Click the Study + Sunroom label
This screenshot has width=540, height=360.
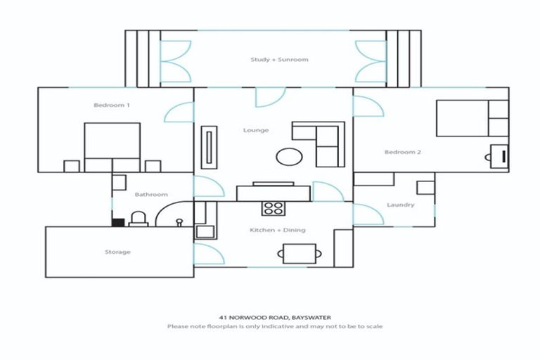point(279,60)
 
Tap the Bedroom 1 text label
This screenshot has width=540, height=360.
point(111,105)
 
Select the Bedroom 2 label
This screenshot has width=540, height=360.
point(401,152)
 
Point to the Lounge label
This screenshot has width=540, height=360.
point(255,130)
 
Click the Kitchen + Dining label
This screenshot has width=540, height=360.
point(278,230)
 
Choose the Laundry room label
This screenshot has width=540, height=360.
point(400,205)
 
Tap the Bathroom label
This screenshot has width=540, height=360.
point(151,195)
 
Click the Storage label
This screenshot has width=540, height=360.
point(117,252)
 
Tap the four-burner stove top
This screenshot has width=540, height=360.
point(273,208)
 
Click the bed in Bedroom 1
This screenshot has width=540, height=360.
point(112,146)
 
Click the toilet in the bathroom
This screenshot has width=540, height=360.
point(139,219)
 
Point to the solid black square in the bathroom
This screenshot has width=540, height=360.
point(118,222)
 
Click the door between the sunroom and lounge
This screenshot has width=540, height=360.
point(269,97)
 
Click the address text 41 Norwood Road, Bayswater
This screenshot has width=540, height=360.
point(274,317)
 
